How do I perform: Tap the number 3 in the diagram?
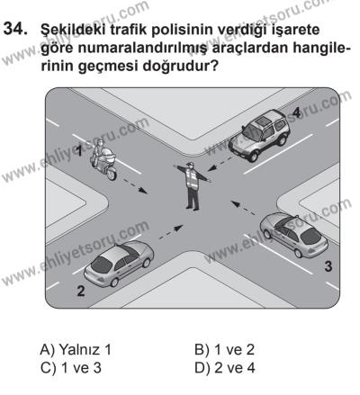[x=328, y=265]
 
